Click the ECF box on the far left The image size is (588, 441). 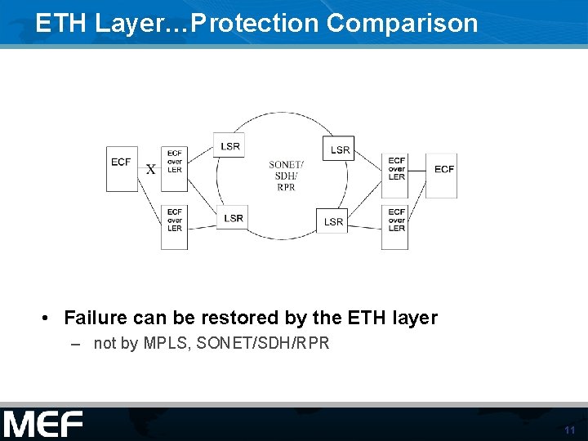tap(122, 168)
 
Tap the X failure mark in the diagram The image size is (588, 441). tap(150, 170)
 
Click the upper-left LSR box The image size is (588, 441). tap(230, 146)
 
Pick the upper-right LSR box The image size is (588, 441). tap(341, 149)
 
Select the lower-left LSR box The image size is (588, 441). tap(234, 218)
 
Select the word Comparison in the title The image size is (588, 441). tap(402, 23)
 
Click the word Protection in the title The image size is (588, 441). tap(250, 23)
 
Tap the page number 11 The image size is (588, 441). tap(569, 430)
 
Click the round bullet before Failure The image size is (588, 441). tap(48, 318)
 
